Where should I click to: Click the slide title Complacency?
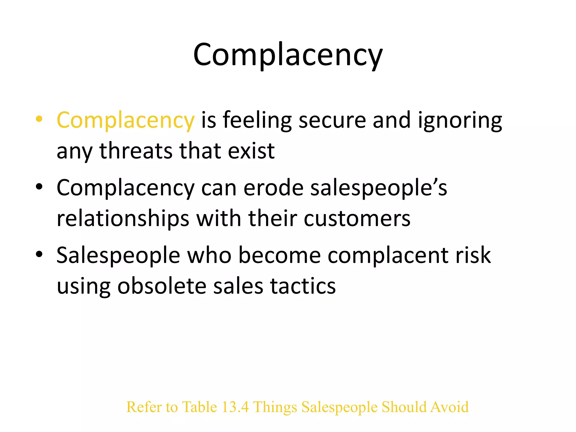coord(288,55)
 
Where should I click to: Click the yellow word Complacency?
coord(125,120)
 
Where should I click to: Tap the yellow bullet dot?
coord(39,119)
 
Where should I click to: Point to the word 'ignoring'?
coord(460,120)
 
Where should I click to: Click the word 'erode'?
coord(273,188)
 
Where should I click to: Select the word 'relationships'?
coord(123,219)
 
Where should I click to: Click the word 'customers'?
coord(357,219)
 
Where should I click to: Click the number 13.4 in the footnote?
coord(235,407)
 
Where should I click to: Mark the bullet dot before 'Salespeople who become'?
coord(39,254)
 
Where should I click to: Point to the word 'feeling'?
coord(257,120)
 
